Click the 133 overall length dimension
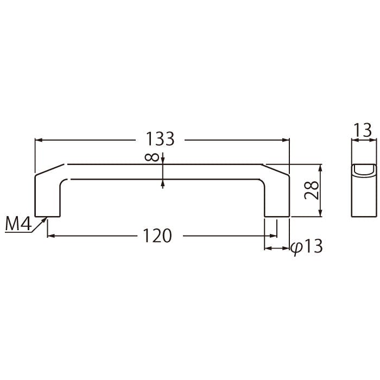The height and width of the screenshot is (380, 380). pyautogui.click(x=160, y=139)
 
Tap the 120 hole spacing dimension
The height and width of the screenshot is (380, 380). pyautogui.click(x=157, y=236)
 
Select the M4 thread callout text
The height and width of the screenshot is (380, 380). pyautogui.click(x=18, y=224)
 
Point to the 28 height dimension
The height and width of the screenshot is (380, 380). pyautogui.click(x=312, y=190)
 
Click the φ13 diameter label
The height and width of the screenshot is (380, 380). pyautogui.click(x=307, y=246)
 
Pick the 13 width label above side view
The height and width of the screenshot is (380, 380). pyautogui.click(x=363, y=130)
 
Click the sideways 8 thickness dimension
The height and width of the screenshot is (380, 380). pyautogui.click(x=151, y=157)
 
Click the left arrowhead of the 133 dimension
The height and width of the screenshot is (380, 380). pyautogui.click(x=39, y=140)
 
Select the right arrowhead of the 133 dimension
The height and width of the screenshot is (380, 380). pyautogui.click(x=286, y=140)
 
